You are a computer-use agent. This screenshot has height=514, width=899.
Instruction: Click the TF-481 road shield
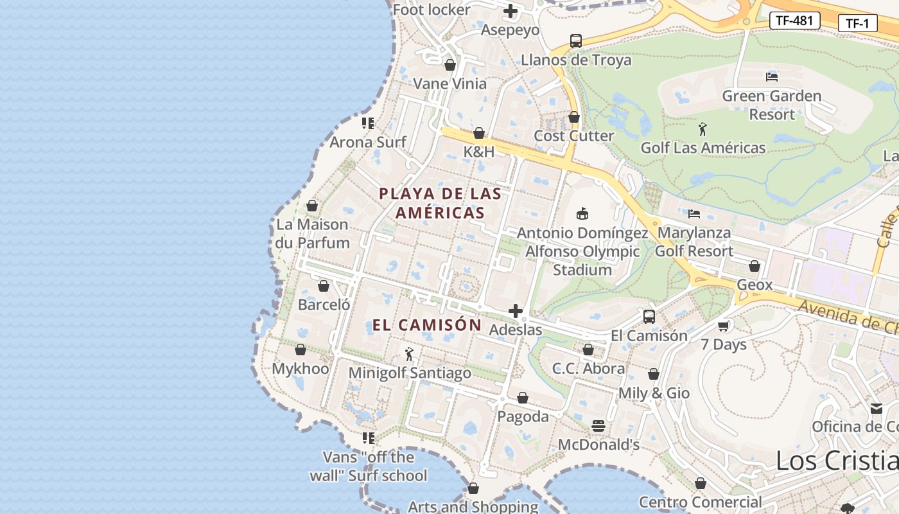point(794,21)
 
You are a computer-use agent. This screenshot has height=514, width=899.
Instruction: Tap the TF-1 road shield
point(857,24)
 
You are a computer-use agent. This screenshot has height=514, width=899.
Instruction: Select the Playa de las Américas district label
point(440,203)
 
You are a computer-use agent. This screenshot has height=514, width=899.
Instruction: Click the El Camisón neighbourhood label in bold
point(427,325)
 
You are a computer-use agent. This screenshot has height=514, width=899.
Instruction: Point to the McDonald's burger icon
point(598,426)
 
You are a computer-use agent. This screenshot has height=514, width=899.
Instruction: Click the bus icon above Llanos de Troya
point(576,41)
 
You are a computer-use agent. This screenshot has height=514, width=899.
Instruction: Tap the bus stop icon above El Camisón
point(649,317)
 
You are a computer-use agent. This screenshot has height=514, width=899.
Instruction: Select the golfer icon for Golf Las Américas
point(703,129)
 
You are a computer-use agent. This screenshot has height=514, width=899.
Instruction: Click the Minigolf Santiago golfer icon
point(409,354)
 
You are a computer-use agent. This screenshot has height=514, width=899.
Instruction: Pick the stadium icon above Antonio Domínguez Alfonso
point(582,214)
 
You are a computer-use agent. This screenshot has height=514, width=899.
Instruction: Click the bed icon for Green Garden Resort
point(772,77)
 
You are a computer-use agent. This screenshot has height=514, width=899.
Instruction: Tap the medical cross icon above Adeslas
point(515,312)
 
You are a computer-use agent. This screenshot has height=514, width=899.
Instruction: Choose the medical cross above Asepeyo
point(511,11)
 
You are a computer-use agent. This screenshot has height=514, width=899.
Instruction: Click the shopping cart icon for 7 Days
point(724,326)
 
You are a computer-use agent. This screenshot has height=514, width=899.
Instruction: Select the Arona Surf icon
point(368,123)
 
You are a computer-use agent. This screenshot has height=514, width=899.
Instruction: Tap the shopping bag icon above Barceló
point(324,286)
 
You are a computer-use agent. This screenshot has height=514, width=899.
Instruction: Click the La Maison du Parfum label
point(312,234)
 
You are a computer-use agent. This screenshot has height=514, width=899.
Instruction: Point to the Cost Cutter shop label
point(574,136)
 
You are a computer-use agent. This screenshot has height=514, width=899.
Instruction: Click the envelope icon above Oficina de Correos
point(877,409)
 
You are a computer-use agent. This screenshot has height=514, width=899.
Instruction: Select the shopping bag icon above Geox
point(755,266)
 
